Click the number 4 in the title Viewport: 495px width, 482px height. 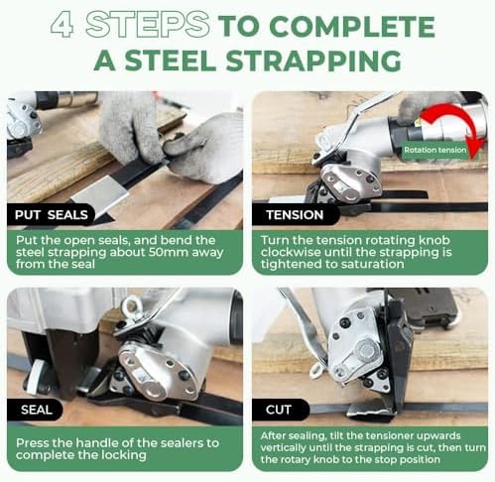click(62, 24)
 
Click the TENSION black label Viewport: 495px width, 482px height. click(296, 214)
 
